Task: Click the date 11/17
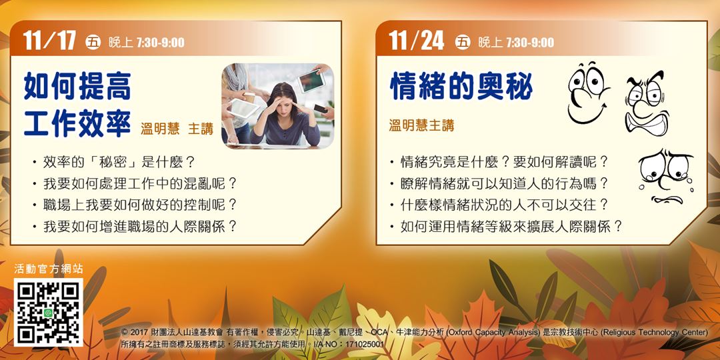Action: point(50,41)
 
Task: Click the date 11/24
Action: point(417,41)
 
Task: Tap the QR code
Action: point(49,313)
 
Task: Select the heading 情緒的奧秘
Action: point(461,87)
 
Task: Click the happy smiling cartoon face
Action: point(588,93)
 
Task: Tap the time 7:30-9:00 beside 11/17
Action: point(160,43)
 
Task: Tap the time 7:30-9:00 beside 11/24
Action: point(529,43)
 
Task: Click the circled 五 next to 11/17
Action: point(93,43)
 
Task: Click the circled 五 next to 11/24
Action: point(463,43)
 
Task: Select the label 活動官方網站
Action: point(49,269)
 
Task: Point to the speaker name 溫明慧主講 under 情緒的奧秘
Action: point(421,125)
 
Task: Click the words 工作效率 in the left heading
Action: point(77,123)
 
